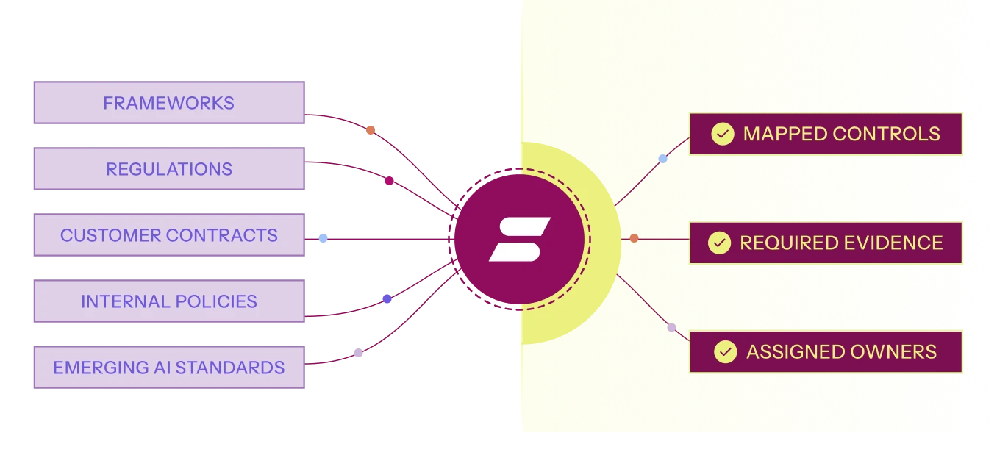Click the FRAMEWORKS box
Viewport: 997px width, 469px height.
coord(169,102)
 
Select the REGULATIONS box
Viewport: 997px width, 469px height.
coord(169,168)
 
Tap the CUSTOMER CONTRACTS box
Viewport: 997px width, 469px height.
coord(169,235)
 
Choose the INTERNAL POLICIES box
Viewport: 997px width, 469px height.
coord(169,301)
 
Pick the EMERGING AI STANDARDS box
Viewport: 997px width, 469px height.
coord(169,368)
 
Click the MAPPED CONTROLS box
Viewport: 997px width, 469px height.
coord(826,134)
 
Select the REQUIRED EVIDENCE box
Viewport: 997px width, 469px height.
coord(826,243)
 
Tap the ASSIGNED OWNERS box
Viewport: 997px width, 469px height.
coord(826,352)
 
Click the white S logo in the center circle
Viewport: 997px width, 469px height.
coord(519,240)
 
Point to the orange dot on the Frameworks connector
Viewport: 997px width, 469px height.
coord(371,130)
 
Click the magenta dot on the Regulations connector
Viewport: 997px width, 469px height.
coord(389,181)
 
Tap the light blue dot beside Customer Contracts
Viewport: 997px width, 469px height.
coord(323,238)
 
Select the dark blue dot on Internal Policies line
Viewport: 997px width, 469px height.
coord(387,298)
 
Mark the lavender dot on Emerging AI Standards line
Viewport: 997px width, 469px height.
coord(358,353)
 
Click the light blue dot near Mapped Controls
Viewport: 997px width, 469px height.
coord(662,158)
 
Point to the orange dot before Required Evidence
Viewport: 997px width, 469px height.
coord(635,238)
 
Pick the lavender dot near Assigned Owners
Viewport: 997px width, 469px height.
coord(671,328)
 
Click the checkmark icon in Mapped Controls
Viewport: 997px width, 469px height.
coord(722,134)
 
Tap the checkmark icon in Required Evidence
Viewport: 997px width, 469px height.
coord(719,243)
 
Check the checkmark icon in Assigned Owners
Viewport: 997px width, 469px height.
coord(726,352)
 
